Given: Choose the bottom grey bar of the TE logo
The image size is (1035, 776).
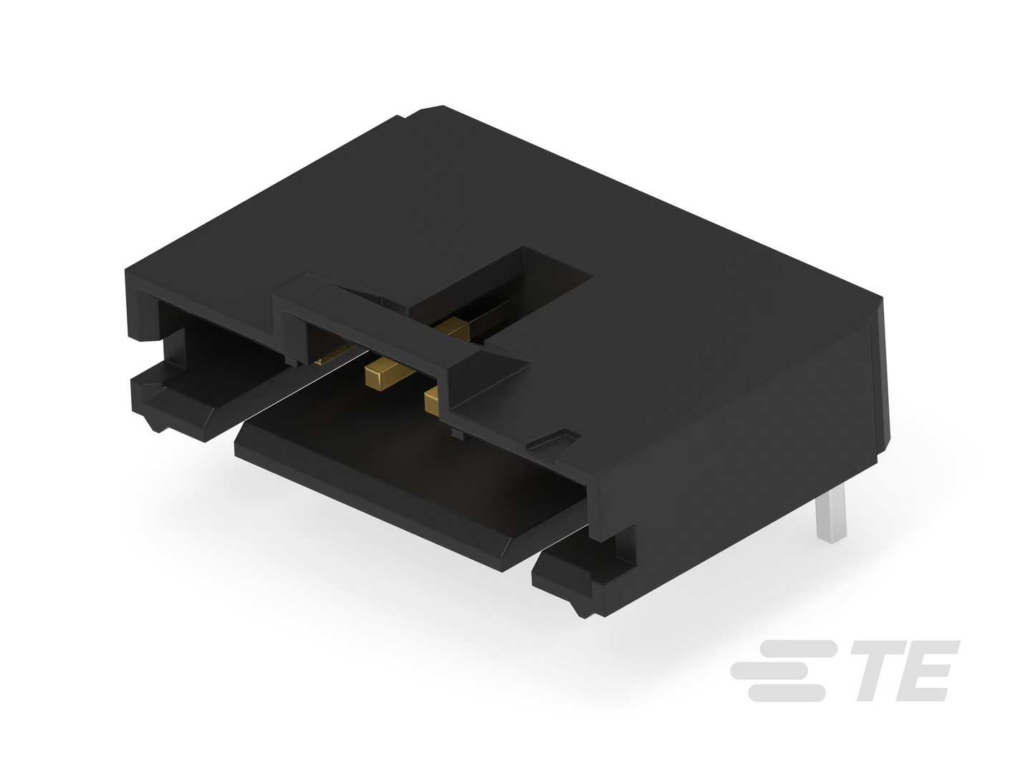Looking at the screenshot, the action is [786, 693].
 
